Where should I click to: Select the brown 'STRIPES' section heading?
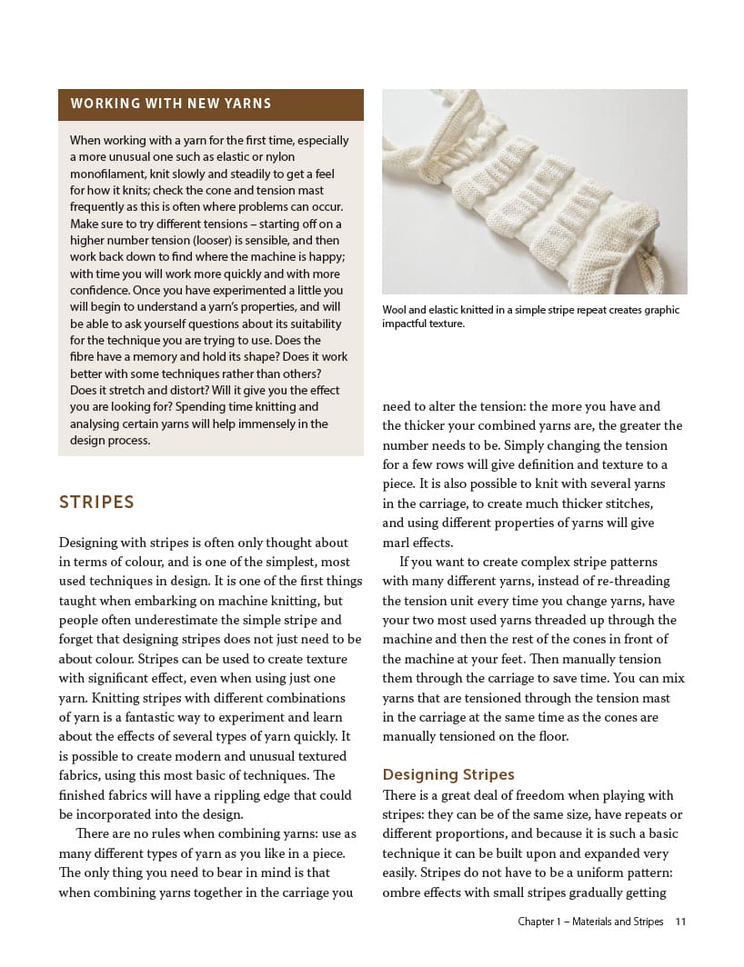click(96, 503)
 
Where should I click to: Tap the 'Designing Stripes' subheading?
click(448, 774)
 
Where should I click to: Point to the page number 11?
click(680, 922)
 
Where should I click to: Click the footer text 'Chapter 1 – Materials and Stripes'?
click(590, 922)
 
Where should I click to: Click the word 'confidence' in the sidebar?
click(108, 291)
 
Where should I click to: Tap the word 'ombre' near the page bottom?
click(402, 892)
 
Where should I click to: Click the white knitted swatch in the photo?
click(528, 191)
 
